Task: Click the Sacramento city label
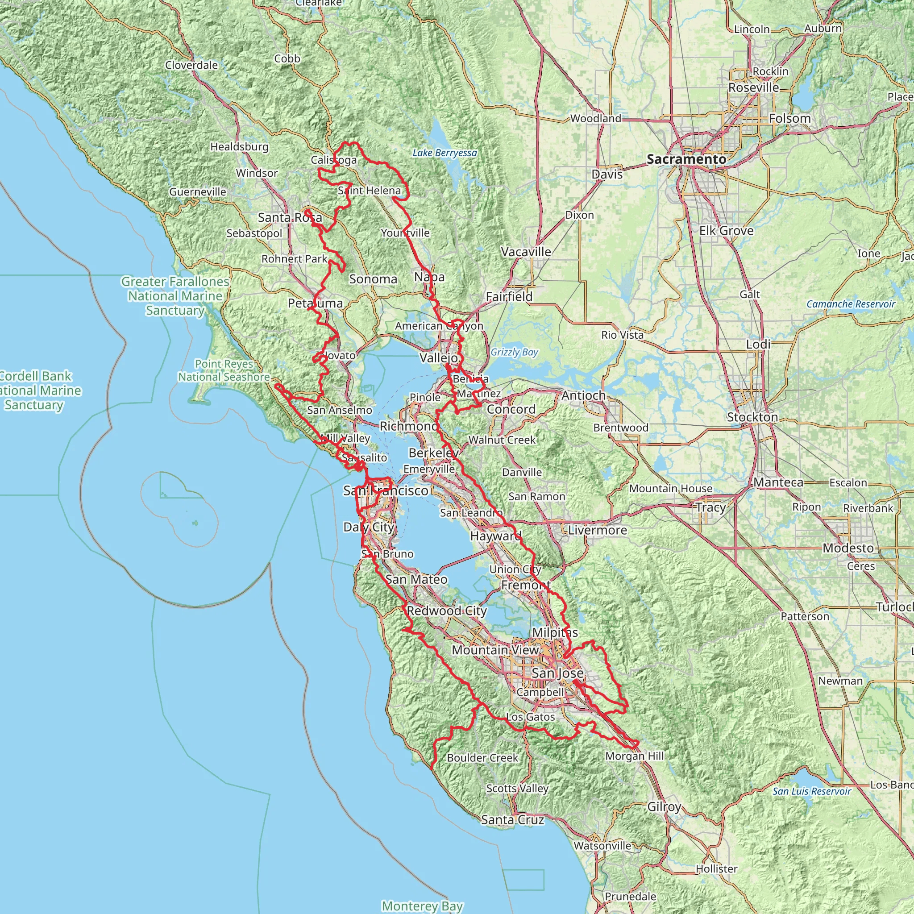point(686,159)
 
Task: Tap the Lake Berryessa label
point(444,153)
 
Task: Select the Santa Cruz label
point(512,819)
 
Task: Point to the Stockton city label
point(752,417)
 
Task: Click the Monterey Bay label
point(422,906)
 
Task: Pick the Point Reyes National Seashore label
point(224,370)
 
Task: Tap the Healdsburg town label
point(239,147)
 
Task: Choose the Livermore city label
point(598,530)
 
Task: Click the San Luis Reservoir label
point(812,791)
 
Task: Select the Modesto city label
point(848,548)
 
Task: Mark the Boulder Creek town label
point(482,757)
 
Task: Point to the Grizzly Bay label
point(514,352)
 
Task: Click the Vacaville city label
point(526,252)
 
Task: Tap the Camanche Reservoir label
point(851,304)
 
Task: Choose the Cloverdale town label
point(191,65)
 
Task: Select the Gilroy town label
point(664,806)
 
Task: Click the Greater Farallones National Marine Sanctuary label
point(175,296)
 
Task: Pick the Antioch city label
point(583,395)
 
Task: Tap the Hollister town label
point(716,868)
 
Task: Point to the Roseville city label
point(753,87)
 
